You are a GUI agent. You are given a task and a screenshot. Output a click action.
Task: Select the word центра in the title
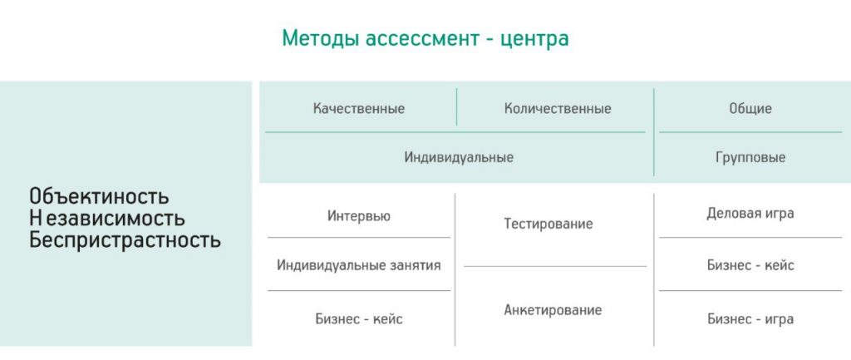tap(535, 39)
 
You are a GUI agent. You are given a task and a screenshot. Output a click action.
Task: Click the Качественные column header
tap(359, 109)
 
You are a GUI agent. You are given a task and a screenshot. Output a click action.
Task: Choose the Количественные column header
tap(557, 109)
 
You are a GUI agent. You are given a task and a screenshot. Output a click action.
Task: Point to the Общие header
tap(750, 109)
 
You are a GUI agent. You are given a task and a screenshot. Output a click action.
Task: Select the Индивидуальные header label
tap(459, 157)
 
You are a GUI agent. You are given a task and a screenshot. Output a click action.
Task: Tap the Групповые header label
tap(750, 157)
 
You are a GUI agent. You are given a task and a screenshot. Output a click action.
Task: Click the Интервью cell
tap(359, 216)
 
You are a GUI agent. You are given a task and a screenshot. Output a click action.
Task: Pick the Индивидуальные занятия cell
tap(359, 265)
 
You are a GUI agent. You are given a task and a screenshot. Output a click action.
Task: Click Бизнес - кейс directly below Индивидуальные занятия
tap(359, 319)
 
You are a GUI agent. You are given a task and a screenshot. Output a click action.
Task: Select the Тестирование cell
tap(548, 224)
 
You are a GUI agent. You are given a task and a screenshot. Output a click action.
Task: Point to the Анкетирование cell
tap(553, 310)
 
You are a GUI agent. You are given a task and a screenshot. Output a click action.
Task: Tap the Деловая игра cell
tap(750, 214)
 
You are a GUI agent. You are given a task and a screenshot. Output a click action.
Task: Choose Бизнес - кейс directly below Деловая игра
tap(750, 265)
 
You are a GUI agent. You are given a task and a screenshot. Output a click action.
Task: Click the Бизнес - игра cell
tap(750, 318)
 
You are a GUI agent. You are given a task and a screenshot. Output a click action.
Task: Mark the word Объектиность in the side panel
tap(99, 197)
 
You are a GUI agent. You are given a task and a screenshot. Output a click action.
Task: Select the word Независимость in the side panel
tap(107, 219)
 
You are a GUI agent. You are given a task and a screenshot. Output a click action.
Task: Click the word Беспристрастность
tap(125, 240)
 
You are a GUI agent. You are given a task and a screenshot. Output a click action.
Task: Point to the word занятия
tap(412, 265)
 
